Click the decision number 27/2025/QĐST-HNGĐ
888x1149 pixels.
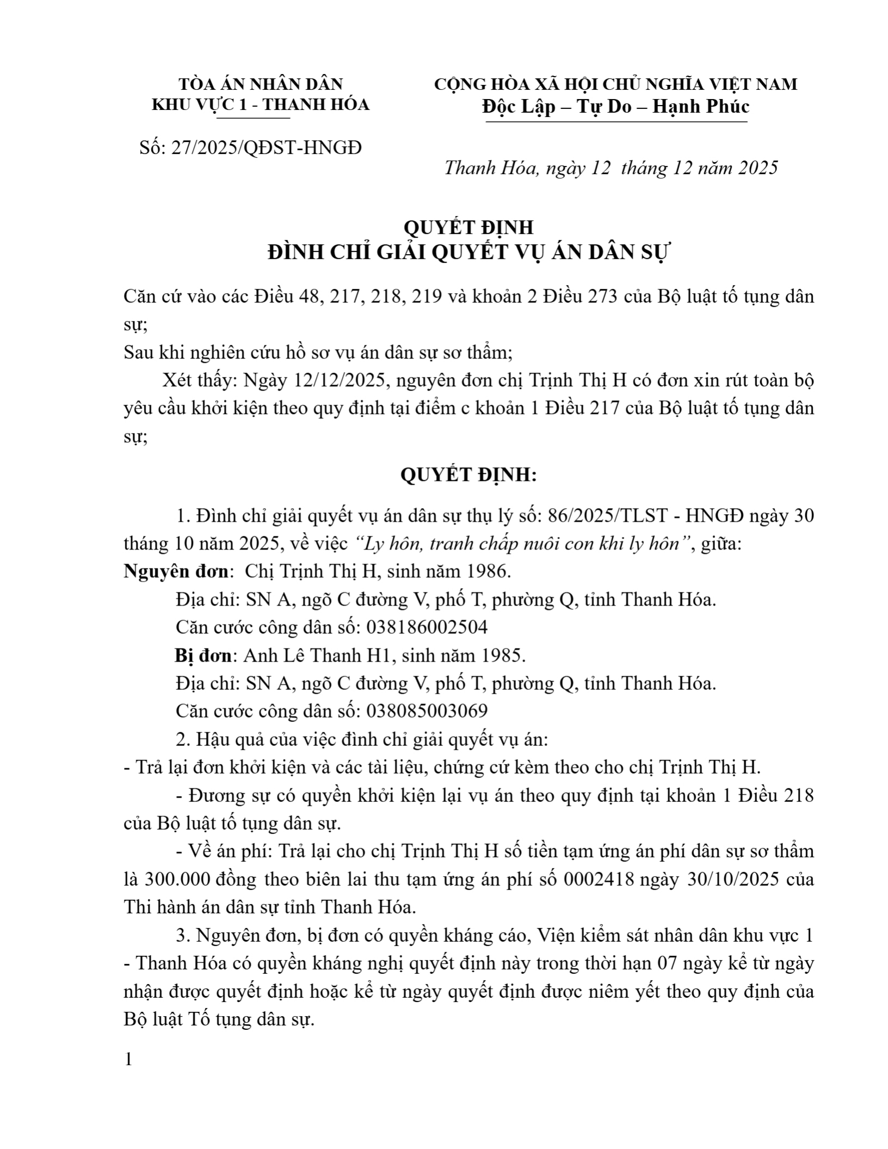pos(266,147)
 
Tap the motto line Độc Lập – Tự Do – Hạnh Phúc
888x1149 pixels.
pos(616,106)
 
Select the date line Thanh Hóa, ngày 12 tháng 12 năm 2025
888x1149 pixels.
pos(611,168)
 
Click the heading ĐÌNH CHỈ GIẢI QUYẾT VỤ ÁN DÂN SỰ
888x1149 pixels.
pos(468,253)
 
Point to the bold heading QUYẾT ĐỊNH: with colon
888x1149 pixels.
pos(468,475)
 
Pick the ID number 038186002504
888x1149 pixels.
pos(427,627)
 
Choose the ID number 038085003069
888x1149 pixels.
pos(427,711)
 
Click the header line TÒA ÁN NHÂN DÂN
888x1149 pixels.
pos(261,84)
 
